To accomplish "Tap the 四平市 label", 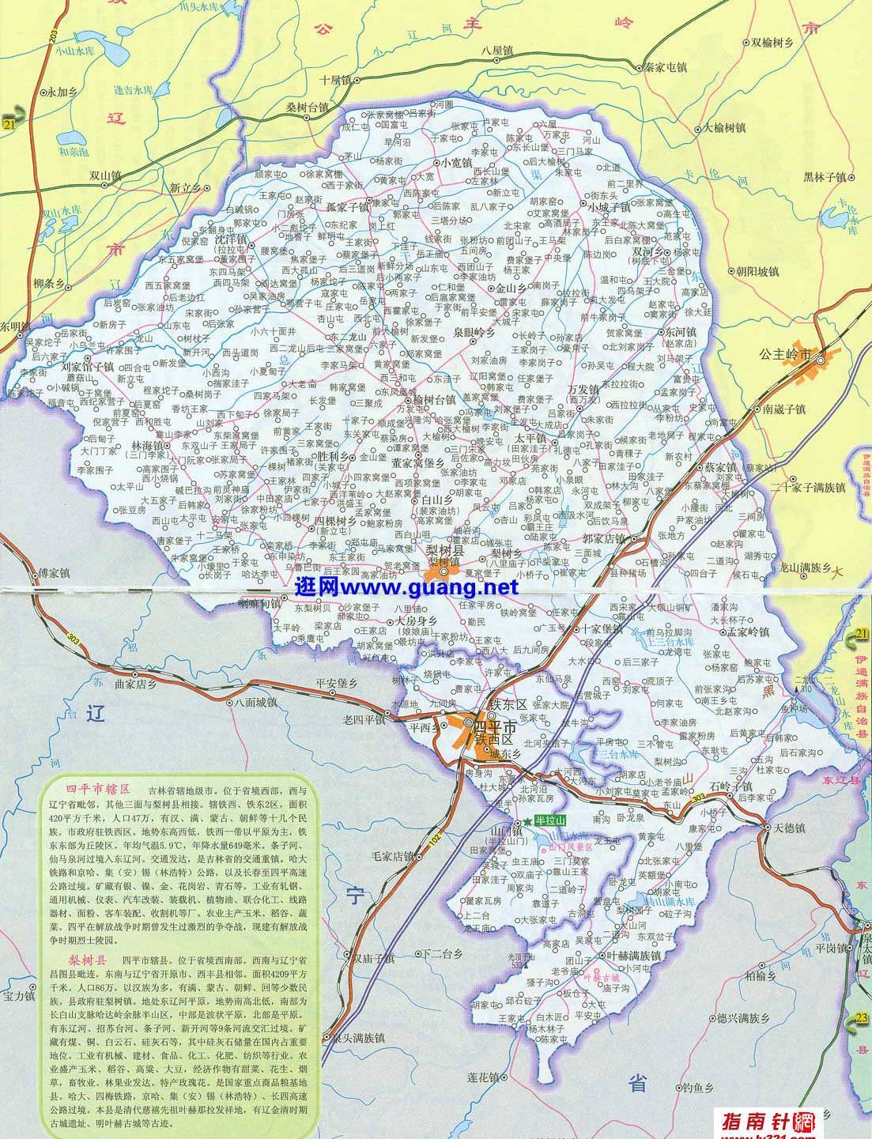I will coord(499,726).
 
